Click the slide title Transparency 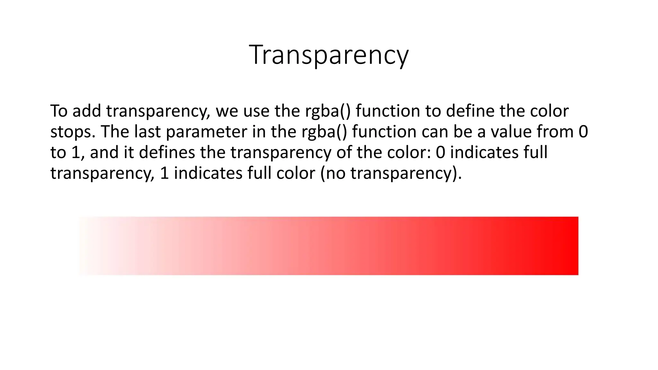[329, 55]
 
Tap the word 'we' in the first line [227, 111]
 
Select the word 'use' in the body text [256, 111]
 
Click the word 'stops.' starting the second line [73, 132]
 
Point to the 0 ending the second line [583, 132]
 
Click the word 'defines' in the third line [167, 152]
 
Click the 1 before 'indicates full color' [164, 173]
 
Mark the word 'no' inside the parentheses [336, 173]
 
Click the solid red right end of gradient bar [569, 246]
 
